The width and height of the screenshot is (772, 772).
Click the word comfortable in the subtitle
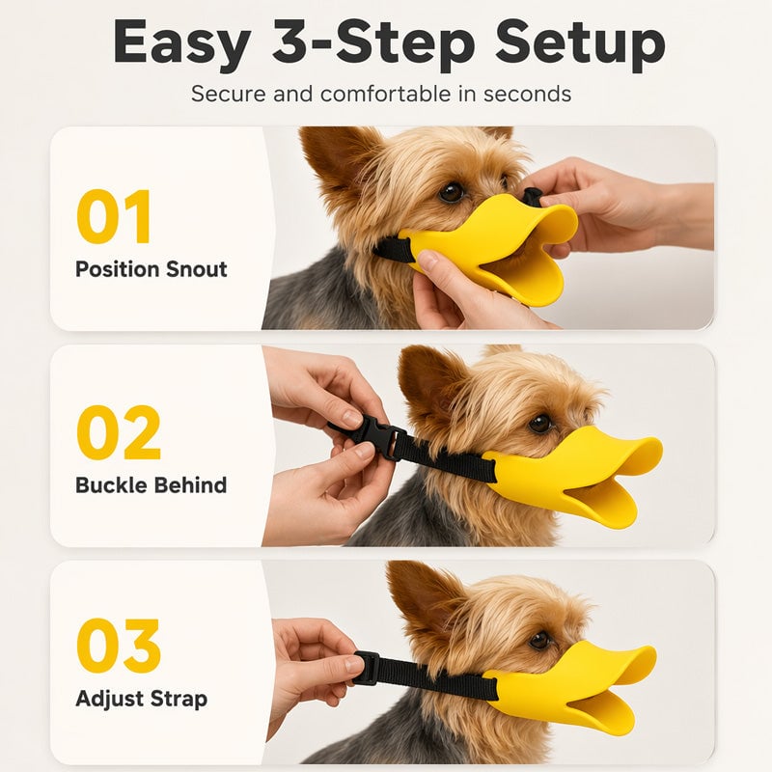(385, 94)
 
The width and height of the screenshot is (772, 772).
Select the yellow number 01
(113, 216)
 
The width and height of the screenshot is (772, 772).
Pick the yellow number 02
(119, 432)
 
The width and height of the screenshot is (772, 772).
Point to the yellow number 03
(119, 646)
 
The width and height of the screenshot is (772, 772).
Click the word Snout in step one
(197, 269)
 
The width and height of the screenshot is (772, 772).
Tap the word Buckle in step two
(110, 485)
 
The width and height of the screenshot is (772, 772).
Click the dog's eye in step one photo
(451, 192)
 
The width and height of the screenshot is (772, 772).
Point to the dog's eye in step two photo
(540, 424)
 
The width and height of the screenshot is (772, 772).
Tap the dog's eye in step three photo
(539, 640)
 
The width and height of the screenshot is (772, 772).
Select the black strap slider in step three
(367, 668)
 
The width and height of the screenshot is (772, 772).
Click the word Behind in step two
(189, 485)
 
